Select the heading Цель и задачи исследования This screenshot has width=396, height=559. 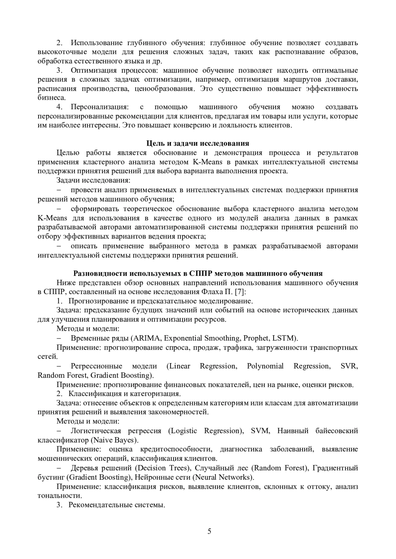click(x=198, y=143)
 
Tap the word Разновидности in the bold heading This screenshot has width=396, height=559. click(x=96, y=273)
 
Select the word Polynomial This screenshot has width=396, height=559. click(x=265, y=366)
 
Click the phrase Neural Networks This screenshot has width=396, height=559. click(x=223, y=477)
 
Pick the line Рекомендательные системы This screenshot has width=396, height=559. click(x=116, y=505)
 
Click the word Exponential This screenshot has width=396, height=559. click(x=182, y=338)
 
